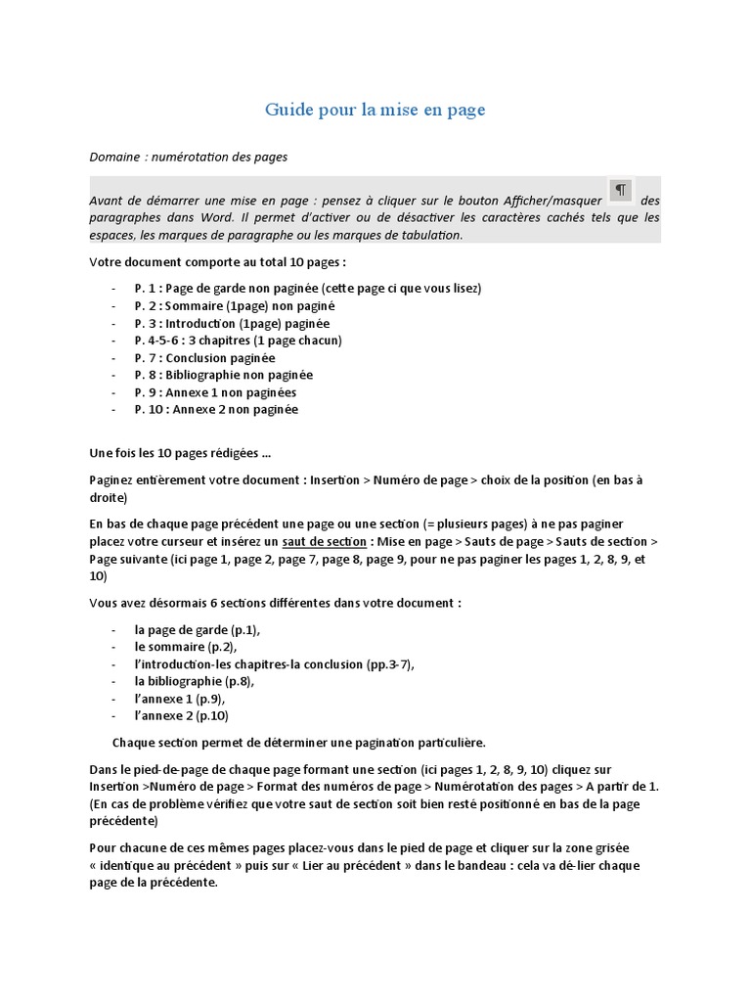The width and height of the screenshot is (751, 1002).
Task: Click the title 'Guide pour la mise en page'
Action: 375,110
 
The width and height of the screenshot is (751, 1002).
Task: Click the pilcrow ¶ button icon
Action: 620,190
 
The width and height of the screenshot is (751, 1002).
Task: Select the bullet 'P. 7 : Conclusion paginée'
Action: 204,358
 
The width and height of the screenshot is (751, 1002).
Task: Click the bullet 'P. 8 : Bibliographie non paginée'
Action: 224,375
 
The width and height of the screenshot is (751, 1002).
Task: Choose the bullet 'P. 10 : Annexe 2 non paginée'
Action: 216,410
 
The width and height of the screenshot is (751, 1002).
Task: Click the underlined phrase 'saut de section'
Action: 324,542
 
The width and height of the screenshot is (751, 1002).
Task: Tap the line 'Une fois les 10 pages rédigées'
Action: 180,453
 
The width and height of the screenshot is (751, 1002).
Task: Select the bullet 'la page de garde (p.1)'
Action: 198,629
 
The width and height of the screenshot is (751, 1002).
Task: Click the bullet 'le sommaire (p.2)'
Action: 186,647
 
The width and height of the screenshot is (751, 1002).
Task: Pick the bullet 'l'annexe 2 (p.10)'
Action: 182,715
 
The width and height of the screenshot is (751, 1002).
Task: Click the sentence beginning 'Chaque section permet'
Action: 298,742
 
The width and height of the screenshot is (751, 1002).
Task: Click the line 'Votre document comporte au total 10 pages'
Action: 217,262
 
